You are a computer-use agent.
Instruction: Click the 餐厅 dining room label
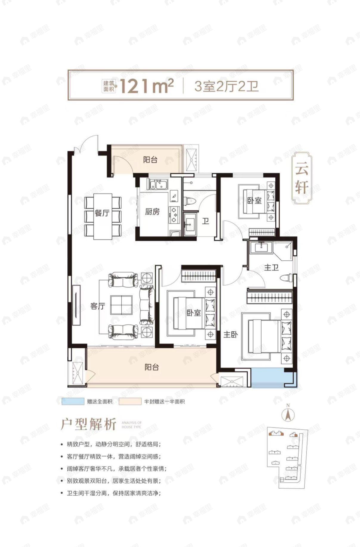tap(102, 213)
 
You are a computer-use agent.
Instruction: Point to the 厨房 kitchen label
tap(152, 212)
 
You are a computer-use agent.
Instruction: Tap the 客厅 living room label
tap(98, 306)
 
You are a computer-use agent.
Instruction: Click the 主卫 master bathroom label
tap(271, 268)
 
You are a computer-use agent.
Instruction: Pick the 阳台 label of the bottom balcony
tap(152, 367)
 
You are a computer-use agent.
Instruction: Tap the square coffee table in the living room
tap(121, 305)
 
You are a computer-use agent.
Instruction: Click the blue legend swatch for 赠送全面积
tap(73, 402)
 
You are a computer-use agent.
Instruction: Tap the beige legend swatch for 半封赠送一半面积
tap(130, 402)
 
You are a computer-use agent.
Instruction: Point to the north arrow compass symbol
tap(288, 414)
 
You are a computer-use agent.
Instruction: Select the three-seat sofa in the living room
tap(147, 305)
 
